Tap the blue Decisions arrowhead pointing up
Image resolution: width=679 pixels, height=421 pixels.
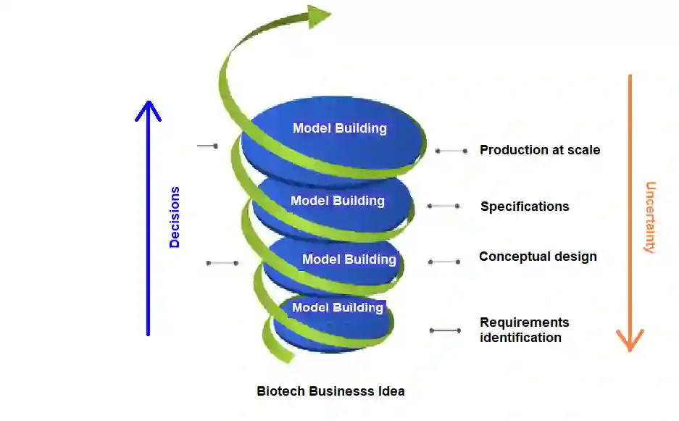(148, 111)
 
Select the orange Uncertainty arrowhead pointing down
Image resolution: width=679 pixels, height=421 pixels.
(630, 338)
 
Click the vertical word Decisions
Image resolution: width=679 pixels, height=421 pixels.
(175, 217)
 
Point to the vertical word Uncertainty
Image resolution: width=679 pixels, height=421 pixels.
(650, 217)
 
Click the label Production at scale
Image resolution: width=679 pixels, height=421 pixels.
(540, 150)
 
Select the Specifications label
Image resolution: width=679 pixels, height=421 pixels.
(525, 207)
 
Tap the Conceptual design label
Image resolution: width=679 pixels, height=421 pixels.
(538, 257)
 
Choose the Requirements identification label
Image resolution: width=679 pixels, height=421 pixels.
(524, 330)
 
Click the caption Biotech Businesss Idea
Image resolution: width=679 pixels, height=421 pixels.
(330, 391)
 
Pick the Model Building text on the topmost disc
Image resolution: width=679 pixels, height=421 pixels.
(339, 128)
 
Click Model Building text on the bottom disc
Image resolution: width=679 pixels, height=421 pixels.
(337, 308)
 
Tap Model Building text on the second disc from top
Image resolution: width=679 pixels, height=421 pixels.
(337, 201)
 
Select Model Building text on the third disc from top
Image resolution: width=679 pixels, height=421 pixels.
(349, 259)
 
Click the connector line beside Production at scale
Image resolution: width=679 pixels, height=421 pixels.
(451, 151)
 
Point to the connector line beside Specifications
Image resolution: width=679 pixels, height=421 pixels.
(443, 207)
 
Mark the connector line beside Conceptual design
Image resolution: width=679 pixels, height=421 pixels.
(444, 262)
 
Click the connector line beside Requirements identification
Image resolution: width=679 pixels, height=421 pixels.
(445, 330)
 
